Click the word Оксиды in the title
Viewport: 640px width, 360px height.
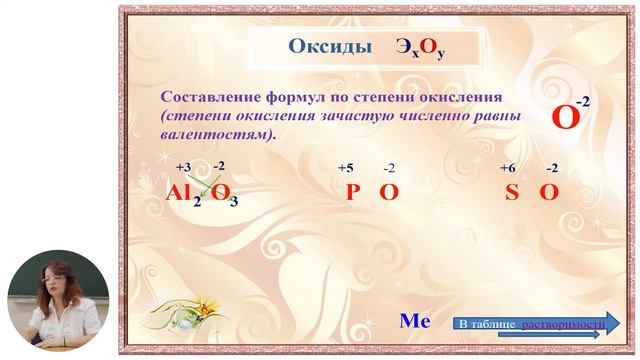pos(316,46)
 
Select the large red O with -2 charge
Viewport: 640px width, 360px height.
pos(566,118)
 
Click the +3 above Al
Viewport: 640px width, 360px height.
pos(183,167)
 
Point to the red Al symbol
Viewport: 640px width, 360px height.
pos(181,193)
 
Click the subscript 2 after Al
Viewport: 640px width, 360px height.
pos(197,202)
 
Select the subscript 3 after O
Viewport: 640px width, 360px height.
pos(233,202)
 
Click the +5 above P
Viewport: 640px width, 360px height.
pos(345,167)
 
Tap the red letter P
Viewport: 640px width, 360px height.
pos(353,193)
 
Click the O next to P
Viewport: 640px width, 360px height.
pos(388,193)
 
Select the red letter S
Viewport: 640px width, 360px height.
pos(511,193)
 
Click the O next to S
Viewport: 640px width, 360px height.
pos(548,193)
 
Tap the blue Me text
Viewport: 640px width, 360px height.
pos(414,321)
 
